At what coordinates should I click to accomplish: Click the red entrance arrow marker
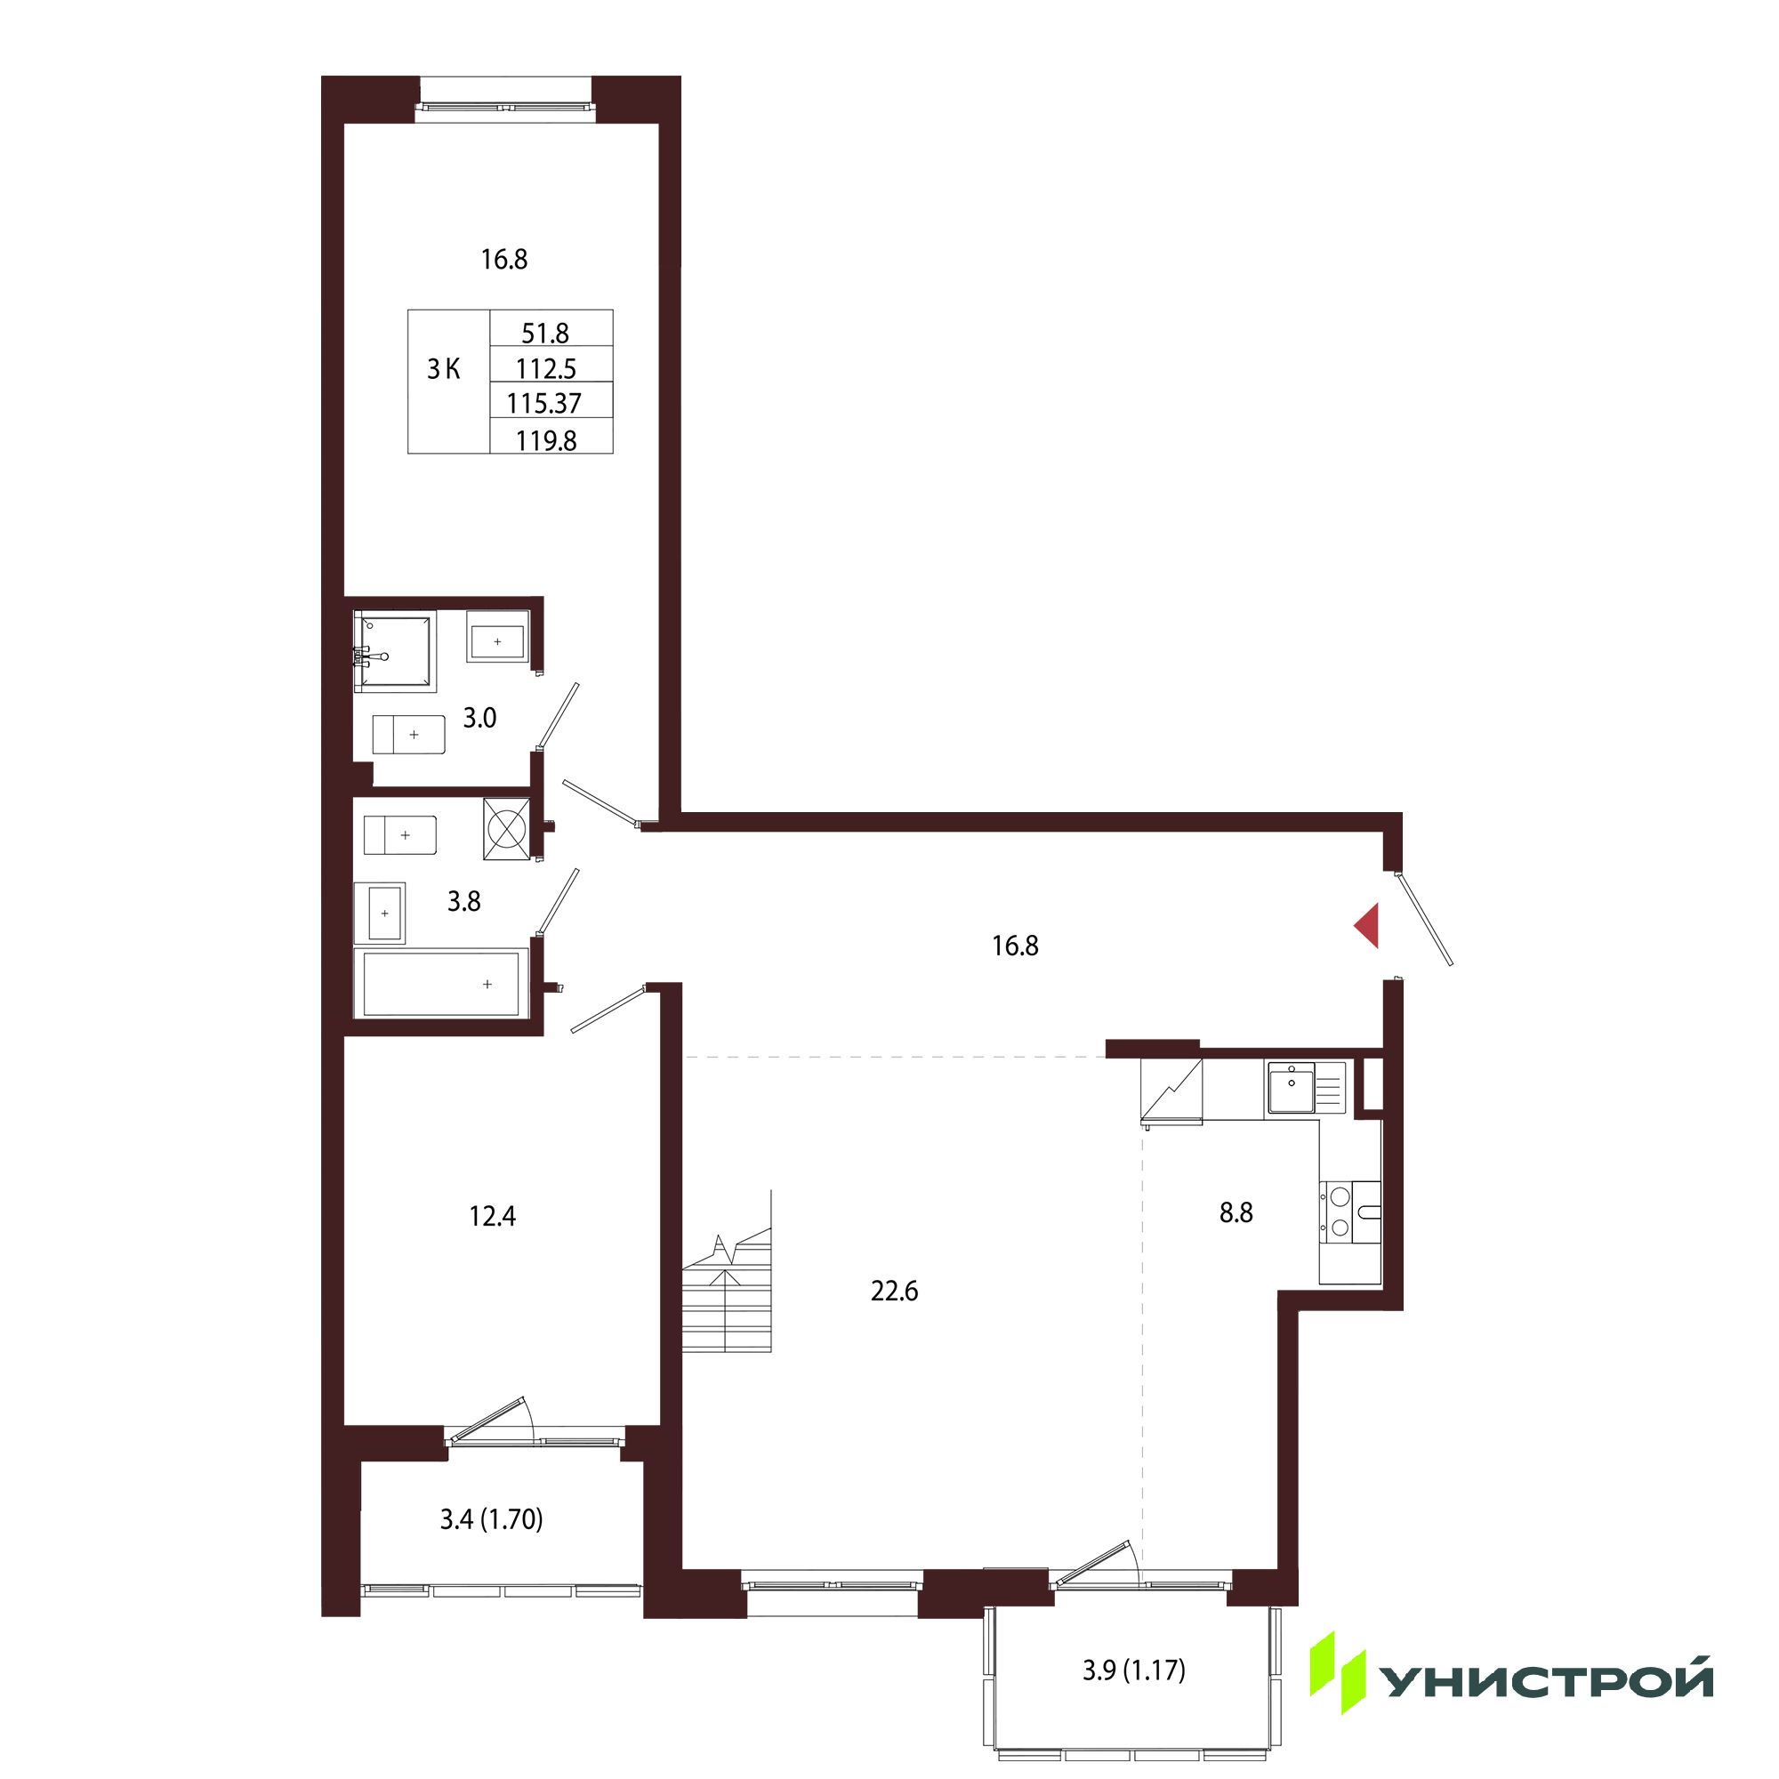tap(1367, 925)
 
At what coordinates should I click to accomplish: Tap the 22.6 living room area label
tap(894, 1292)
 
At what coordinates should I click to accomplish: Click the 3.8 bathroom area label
tap(464, 901)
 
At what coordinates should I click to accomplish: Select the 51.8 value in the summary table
tap(546, 333)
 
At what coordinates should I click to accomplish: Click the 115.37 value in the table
tap(544, 403)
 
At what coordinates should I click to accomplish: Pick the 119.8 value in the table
tap(546, 441)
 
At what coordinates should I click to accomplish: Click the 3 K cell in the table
tap(444, 369)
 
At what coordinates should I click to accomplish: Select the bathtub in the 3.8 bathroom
tap(441, 983)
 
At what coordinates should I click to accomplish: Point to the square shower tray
tap(395, 652)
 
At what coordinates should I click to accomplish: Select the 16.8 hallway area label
tap(1015, 946)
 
